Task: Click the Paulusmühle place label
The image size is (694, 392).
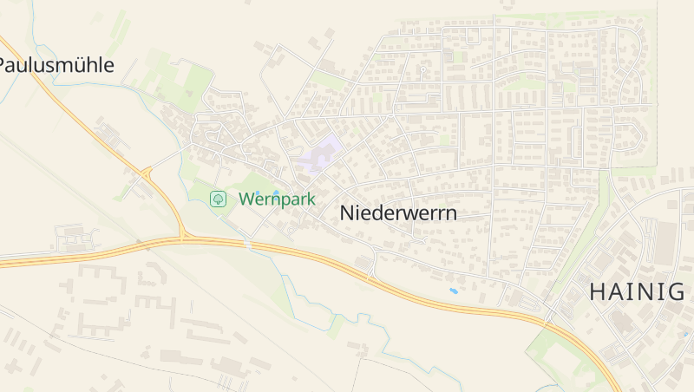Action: (56, 65)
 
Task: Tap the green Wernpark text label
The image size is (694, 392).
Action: (277, 199)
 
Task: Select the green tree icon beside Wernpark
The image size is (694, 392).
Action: (219, 199)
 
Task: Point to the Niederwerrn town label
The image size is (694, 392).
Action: (398, 212)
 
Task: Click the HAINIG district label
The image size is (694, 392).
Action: (637, 291)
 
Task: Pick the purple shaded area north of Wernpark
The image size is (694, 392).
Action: (318, 154)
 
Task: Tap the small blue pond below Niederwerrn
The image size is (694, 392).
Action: (453, 291)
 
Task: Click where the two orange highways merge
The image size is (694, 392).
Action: (184, 237)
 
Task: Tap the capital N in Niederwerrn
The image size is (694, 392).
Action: (348, 212)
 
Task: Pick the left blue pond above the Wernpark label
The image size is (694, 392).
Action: (258, 193)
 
